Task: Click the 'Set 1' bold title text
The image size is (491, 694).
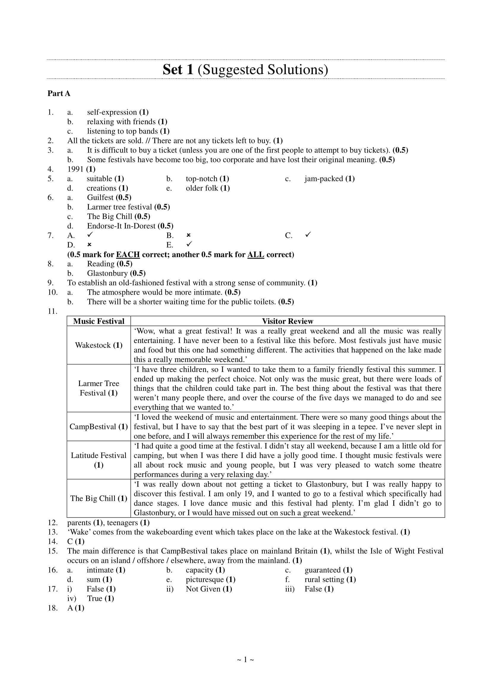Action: pos(178,69)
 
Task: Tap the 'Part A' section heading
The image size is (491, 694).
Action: pos(59,93)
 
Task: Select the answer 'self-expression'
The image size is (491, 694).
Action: pos(112,112)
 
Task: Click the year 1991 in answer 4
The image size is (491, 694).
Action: pos(75,169)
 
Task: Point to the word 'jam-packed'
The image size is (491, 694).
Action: pos(324,179)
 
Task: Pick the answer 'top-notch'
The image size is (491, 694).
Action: pos(201,179)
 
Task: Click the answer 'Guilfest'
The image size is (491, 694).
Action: pos(100,197)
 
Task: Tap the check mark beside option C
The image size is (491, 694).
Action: pos(308,235)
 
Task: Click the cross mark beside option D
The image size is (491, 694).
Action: pos(89,244)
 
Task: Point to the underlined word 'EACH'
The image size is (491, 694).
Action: pos(128,255)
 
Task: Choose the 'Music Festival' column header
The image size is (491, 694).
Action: pos(99,321)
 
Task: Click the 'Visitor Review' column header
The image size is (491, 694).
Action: pos(288,321)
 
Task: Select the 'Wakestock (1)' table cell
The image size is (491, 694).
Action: pos(99,345)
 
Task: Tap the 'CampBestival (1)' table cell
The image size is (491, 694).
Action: pos(99,426)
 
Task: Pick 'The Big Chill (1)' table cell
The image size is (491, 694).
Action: pos(99,498)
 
